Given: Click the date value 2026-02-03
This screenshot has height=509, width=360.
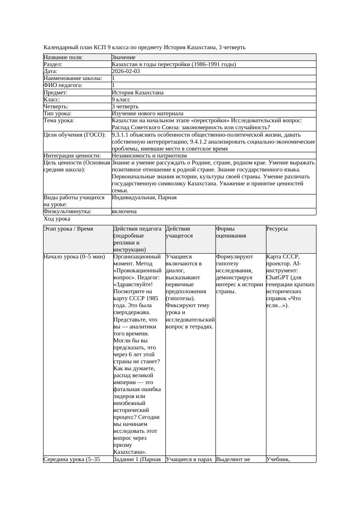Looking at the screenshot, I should point(126,71).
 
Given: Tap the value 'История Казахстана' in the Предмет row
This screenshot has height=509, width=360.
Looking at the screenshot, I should point(138,92).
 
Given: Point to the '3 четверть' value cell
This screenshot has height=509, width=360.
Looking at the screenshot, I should point(125,106).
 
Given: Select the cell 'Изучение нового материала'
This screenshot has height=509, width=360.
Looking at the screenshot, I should point(148,114).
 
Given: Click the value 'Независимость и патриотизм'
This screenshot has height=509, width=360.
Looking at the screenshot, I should point(149,155).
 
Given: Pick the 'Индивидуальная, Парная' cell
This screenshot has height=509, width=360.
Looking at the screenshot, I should point(144,198).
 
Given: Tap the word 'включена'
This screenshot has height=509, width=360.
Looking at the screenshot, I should point(124,211).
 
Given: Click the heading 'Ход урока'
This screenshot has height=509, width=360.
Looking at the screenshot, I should point(57,219).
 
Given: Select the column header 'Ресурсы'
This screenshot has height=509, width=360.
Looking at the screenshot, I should point(277,229).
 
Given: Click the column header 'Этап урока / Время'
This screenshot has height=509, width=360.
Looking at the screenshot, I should point(68,229).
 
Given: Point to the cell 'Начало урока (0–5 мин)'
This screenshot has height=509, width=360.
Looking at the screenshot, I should point(74,257).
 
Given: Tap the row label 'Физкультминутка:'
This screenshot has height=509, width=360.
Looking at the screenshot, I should point(67,211).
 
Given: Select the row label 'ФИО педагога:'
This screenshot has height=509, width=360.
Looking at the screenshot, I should point(63,85).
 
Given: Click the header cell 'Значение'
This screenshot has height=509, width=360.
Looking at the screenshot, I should point(124,57).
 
